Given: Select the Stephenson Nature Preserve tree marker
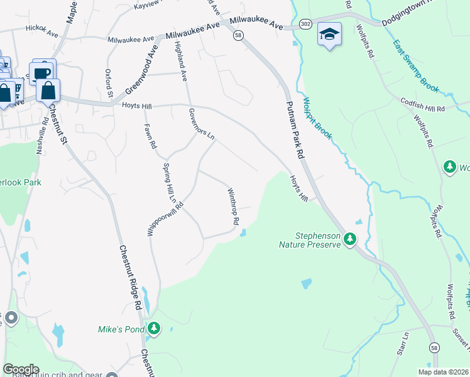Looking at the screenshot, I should point(350,239).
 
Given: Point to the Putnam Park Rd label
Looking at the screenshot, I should point(295,132).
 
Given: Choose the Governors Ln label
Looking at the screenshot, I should point(201,124).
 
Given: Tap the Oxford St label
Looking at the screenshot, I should point(109,83).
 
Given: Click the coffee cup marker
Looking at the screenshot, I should point(42,73).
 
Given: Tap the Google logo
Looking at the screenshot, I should point(21,369).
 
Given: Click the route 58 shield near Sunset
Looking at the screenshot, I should point(434,347).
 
